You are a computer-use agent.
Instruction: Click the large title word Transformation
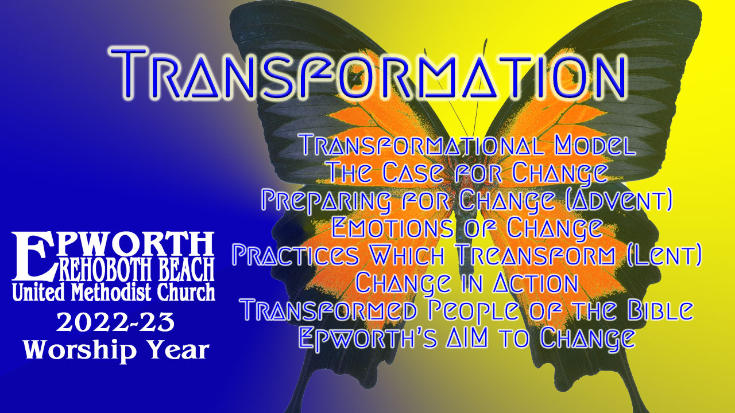pos(367,73)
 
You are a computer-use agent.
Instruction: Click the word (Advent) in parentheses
pos(619,200)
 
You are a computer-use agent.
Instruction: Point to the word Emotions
pos(392,227)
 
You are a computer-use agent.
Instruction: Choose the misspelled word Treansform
pos(536,255)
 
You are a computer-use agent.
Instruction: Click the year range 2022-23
pos(115,322)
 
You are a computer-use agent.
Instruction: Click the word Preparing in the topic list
pos(326,200)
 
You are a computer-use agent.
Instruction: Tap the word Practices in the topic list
pos(296,255)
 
